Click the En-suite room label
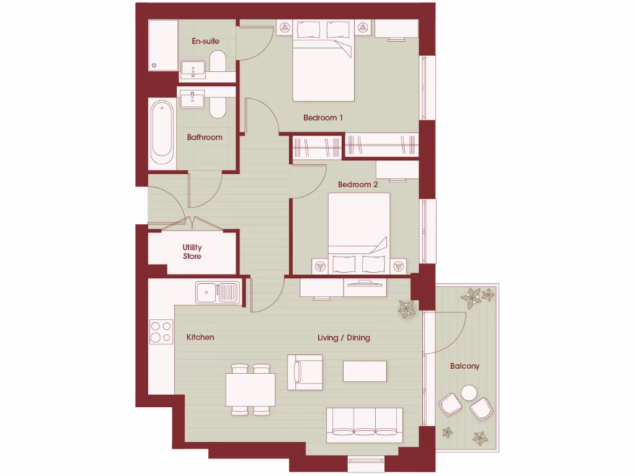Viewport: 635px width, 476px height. [x=205, y=41]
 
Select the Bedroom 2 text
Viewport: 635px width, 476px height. [x=358, y=184]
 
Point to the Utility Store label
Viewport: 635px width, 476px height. [x=192, y=252]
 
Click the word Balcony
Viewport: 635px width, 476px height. [x=464, y=366]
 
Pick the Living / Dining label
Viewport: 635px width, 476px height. [x=344, y=337]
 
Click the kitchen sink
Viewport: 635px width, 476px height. [x=218, y=292]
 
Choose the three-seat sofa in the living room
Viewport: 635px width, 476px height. [x=365, y=424]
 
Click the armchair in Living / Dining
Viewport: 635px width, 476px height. [x=305, y=372]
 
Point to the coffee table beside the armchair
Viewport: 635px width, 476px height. [x=365, y=371]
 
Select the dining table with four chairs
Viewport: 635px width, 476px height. [x=250, y=389]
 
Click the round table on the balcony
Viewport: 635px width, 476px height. [x=469, y=393]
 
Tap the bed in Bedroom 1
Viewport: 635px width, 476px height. [x=323, y=64]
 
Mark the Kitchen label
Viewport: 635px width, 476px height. [x=200, y=337]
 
